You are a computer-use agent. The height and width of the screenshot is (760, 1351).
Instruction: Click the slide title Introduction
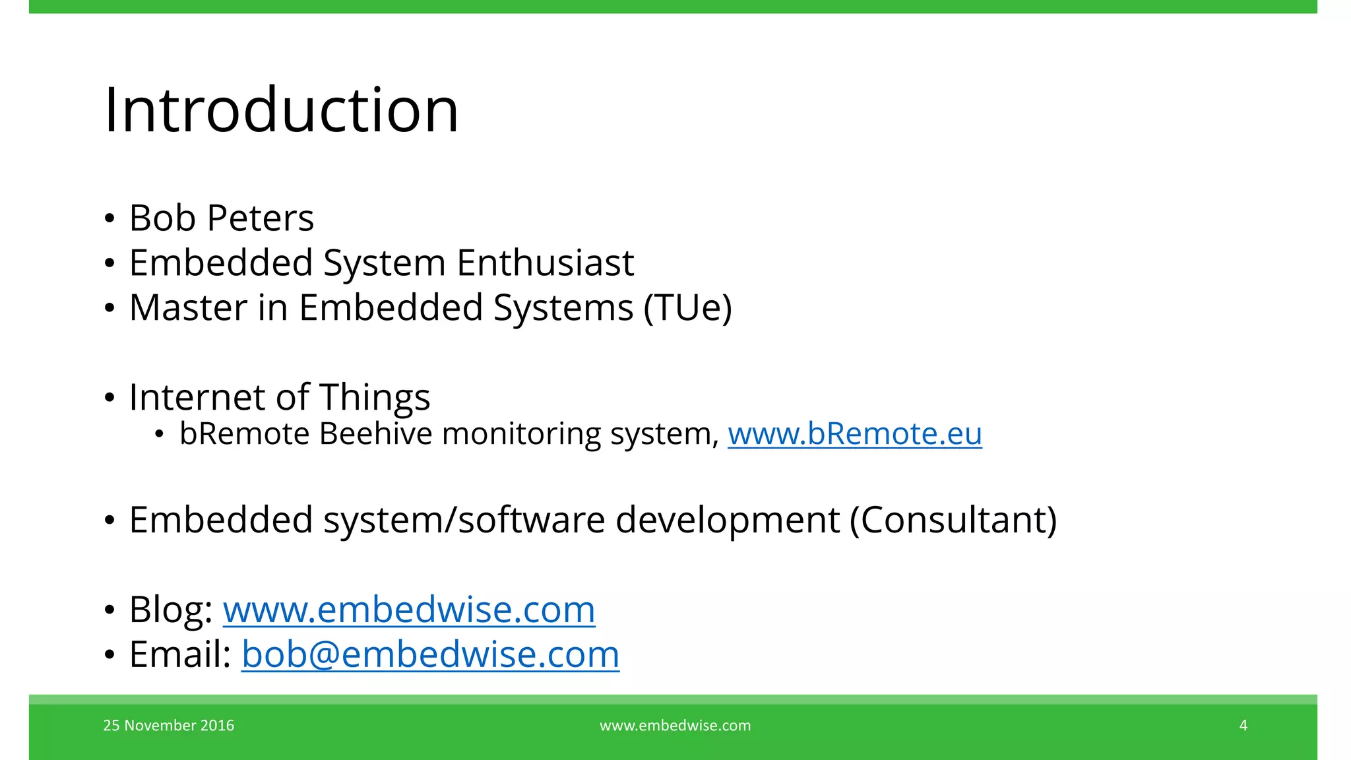[281, 110]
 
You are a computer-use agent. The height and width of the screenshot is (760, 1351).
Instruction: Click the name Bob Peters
[222, 218]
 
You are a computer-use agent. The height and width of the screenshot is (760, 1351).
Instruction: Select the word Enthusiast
[545, 263]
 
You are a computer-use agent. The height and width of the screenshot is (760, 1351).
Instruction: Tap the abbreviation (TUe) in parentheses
[688, 308]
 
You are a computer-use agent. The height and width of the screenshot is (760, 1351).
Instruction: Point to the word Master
[188, 308]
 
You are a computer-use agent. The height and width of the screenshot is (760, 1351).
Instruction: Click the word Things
[375, 397]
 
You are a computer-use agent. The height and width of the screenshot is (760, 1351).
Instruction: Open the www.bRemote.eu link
[854, 434]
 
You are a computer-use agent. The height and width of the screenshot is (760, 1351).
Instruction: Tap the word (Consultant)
[953, 520]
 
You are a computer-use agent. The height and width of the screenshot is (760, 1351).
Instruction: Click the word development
[728, 520]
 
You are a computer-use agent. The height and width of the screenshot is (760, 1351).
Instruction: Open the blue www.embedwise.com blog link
[409, 610]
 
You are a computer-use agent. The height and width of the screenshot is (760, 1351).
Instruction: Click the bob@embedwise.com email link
[430, 654]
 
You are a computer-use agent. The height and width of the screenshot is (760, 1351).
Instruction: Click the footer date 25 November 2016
[169, 726]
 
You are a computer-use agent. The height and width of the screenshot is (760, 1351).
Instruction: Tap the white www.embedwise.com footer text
[675, 726]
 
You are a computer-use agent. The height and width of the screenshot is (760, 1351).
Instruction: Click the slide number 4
[1243, 726]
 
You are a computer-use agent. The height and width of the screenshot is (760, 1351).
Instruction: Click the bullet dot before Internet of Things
[110, 398]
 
